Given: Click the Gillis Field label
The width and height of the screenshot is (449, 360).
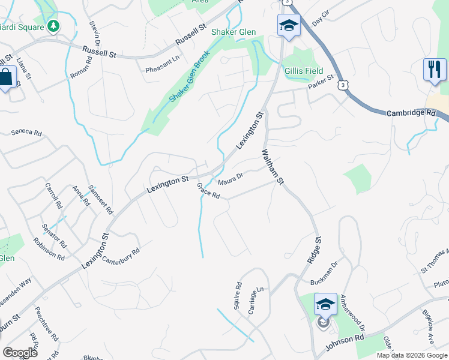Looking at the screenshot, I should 304,71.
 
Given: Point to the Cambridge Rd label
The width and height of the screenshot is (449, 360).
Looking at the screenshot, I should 411,113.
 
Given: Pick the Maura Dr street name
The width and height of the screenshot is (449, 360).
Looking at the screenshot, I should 230,178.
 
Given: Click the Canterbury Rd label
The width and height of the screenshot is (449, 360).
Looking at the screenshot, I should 121,256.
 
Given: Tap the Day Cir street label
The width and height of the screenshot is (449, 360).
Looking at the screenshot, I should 321,17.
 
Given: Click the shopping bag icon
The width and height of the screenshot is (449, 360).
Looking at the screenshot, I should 7,77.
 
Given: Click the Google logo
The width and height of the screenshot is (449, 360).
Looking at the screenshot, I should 20,353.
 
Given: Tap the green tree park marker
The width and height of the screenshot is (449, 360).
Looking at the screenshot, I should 54,26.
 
